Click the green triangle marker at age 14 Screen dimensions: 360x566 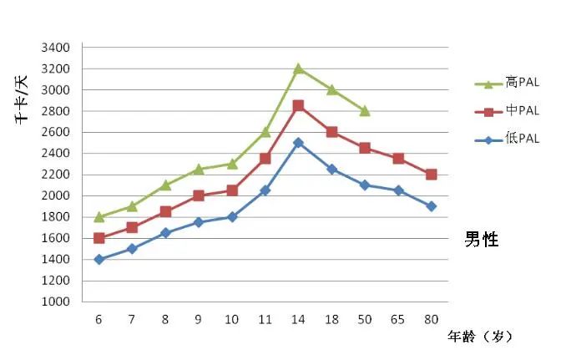point(298,68)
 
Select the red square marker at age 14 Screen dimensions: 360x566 point(298,106)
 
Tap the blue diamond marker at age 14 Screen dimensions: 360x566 point(298,143)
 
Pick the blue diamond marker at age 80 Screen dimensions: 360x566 point(431,206)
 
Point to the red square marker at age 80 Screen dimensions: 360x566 point(431,175)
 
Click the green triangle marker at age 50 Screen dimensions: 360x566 point(365,110)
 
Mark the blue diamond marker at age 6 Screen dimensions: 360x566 point(99,259)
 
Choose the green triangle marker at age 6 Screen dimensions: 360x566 point(99,216)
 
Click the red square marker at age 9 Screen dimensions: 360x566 point(199,195)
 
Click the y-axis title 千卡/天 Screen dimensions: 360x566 point(20,100)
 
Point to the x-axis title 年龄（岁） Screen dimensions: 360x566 point(479,337)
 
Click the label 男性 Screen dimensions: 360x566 point(482,240)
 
